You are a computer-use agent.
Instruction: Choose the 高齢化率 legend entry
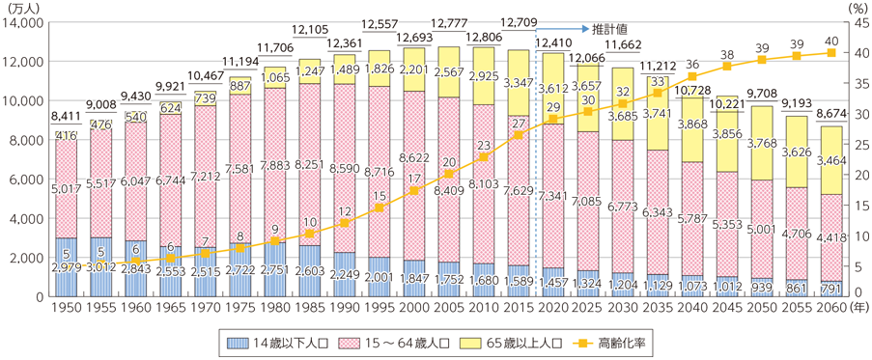tap(618, 344)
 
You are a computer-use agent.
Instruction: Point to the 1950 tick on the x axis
tap(66, 309)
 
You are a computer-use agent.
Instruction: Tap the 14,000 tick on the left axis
tap(27, 20)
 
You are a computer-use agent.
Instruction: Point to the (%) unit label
tap(855, 6)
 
